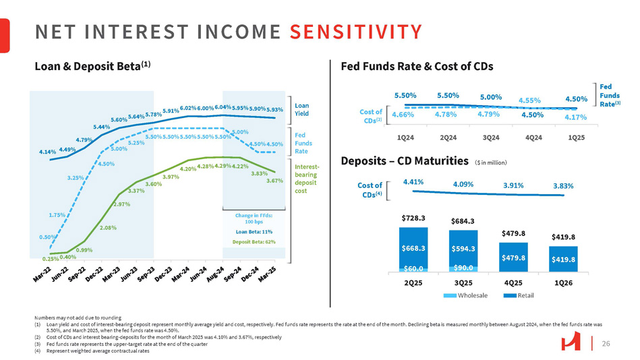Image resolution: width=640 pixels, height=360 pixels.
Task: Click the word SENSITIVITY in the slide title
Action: (x=356, y=31)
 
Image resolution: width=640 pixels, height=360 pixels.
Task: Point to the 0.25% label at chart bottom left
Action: (x=49, y=258)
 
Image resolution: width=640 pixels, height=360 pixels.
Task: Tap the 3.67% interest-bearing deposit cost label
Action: (x=274, y=181)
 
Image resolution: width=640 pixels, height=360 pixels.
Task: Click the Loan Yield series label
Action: (x=302, y=109)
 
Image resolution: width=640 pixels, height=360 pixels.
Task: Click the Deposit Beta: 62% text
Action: (x=254, y=241)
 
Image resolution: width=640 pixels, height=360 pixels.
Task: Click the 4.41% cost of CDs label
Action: (x=413, y=181)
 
